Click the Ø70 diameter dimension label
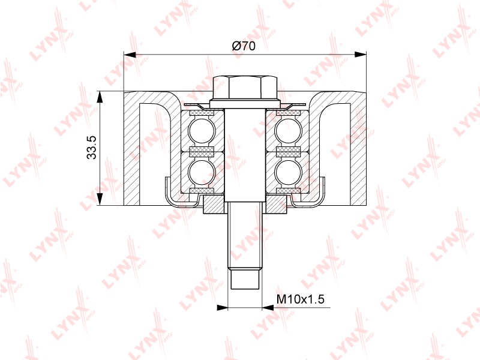pos(244,46)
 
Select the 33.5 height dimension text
pos(92,148)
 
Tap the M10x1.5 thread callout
pos(301,299)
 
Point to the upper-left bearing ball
pos(202,130)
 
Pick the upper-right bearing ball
pos(288,130)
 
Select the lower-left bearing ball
pos(202,172)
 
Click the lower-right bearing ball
pos(288,172)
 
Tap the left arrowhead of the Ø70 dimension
pos(130,55)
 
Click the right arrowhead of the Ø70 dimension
pos(361,55)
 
